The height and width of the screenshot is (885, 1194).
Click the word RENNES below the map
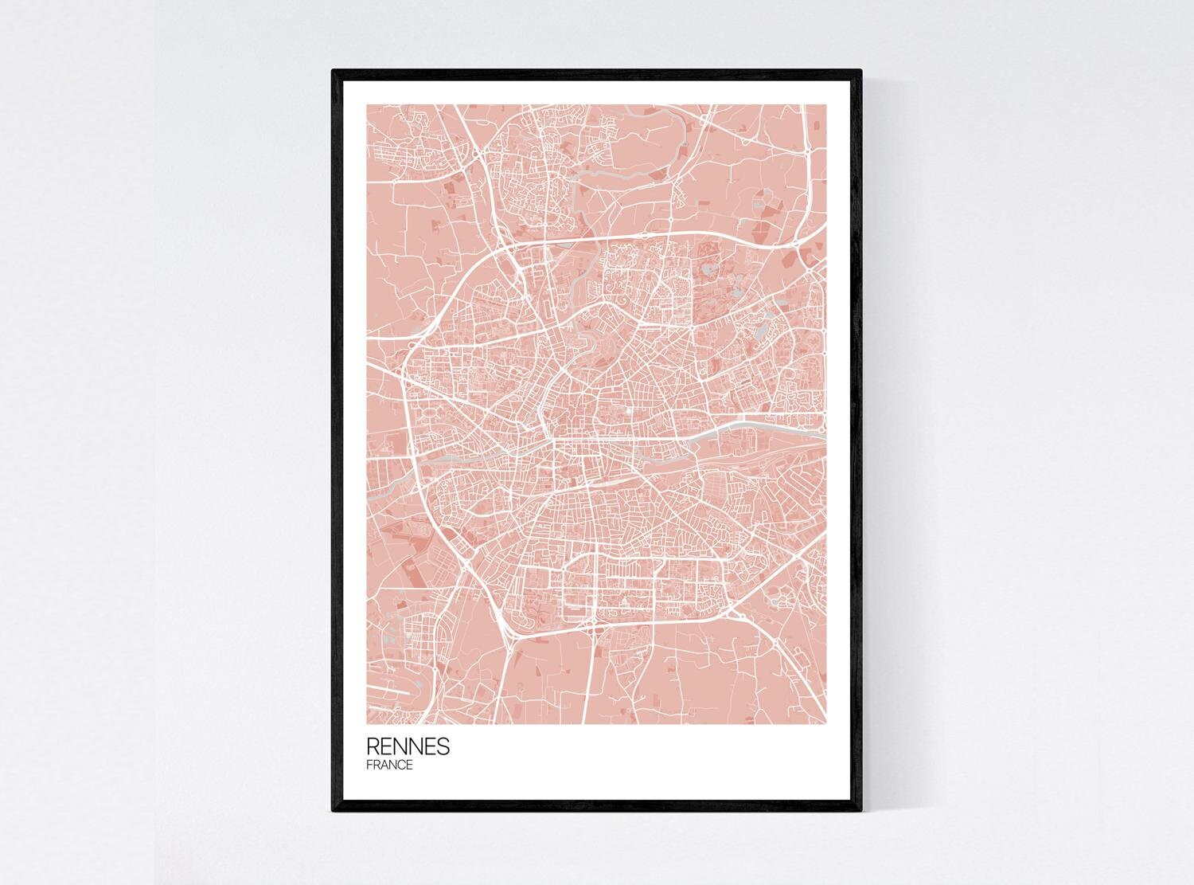[408, 746]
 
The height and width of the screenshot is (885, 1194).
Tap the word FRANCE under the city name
[389, 766]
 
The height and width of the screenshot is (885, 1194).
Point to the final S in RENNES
[443, 746]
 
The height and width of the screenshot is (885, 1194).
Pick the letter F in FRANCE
[369, 766]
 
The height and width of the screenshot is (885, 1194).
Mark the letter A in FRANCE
[384, 766]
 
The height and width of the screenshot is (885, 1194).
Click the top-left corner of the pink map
[367, 104]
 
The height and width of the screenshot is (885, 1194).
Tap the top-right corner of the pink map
[827, 104]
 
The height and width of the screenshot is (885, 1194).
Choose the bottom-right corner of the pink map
[827, 723]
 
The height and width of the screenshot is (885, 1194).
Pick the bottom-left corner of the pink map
[367, 723]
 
